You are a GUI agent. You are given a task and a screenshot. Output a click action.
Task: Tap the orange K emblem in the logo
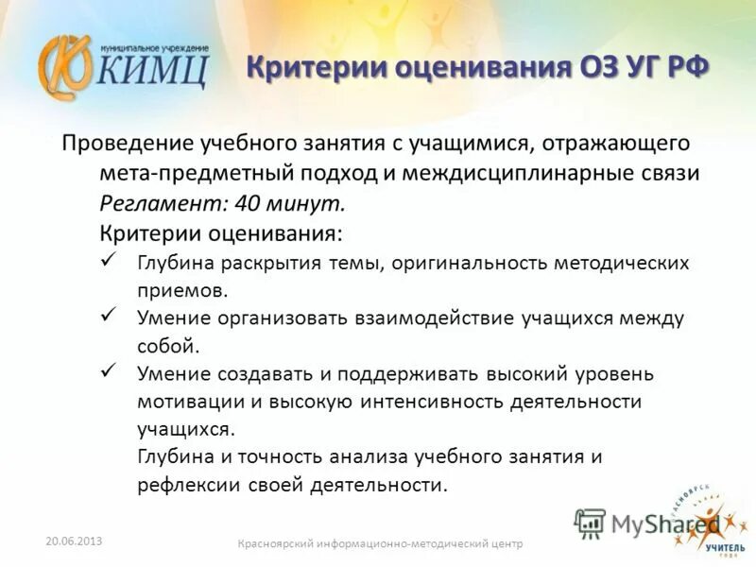click(64, 67)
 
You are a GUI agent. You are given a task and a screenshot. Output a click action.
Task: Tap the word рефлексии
click(185, 485)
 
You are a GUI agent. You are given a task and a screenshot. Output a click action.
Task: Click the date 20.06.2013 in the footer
click(74, 541)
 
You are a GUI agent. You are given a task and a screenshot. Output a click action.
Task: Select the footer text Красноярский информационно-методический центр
click(380, 543)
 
